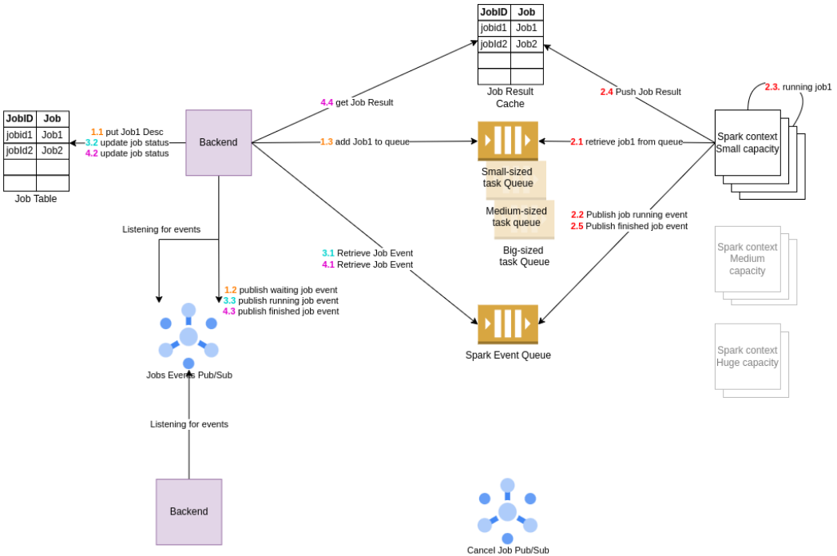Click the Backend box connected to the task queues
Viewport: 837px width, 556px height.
(218, 142)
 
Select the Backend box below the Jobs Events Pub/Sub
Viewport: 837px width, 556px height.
(188, 511)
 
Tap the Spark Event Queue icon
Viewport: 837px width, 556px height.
(508, 324)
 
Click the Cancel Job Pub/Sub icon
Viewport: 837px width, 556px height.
(507, 511)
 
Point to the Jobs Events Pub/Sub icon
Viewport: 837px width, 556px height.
(188, 336)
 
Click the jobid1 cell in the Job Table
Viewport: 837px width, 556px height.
(19, 135)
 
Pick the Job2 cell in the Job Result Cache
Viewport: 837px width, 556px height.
(526, 44)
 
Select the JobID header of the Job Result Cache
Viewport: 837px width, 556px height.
(494, 12)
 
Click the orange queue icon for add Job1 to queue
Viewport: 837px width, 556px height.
(508, 141)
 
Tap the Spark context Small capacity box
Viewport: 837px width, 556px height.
(747, 143)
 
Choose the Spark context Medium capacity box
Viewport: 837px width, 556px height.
(747, 259)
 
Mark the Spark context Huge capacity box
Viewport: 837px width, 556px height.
(747, 356)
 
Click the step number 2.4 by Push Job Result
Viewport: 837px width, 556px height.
(607, 92)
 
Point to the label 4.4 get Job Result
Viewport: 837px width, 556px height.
(357, 102)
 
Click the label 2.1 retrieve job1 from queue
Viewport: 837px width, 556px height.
(626, 141)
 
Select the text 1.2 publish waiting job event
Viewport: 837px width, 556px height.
(280, 290)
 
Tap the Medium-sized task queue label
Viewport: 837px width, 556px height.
(516, 216)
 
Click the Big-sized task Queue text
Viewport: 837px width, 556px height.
(524, 256)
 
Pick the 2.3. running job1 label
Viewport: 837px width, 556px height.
(798, 86)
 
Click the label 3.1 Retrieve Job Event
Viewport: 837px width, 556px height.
(367, 253)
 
